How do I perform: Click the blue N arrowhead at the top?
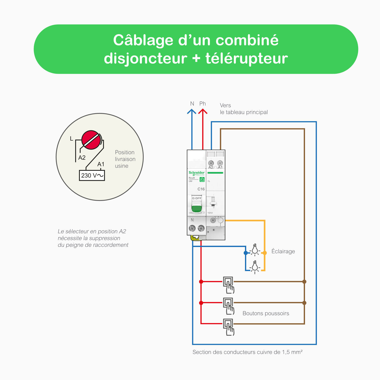click(192, 111)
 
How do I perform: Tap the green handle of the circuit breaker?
click(197, 208)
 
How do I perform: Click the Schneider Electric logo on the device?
click(197, 173)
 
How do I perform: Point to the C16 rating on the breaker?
click(201, 189)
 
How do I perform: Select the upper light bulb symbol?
click(255, 250)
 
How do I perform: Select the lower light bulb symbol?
click(255, 267)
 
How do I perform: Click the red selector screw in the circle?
click(91, 140)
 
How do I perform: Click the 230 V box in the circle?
click(92, 175)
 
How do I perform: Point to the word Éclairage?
click(283, 251)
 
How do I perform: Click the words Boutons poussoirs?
click(266, 313)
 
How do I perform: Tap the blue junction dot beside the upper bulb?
click(245, 253)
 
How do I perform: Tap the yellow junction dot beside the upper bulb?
click(265, 253)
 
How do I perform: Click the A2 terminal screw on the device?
click(211, 163)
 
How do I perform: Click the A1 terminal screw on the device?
click(220, 163)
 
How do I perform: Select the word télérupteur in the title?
click(246, 58)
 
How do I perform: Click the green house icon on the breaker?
click(202, 179)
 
